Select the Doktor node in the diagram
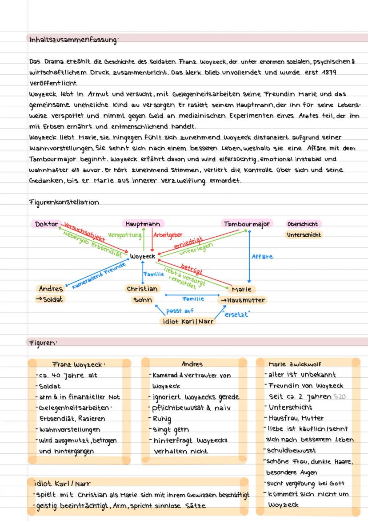47,224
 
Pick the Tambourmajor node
247,224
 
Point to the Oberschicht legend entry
303,224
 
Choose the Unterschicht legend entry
304,234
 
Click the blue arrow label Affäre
262,257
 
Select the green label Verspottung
124,234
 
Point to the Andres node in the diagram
51,289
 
